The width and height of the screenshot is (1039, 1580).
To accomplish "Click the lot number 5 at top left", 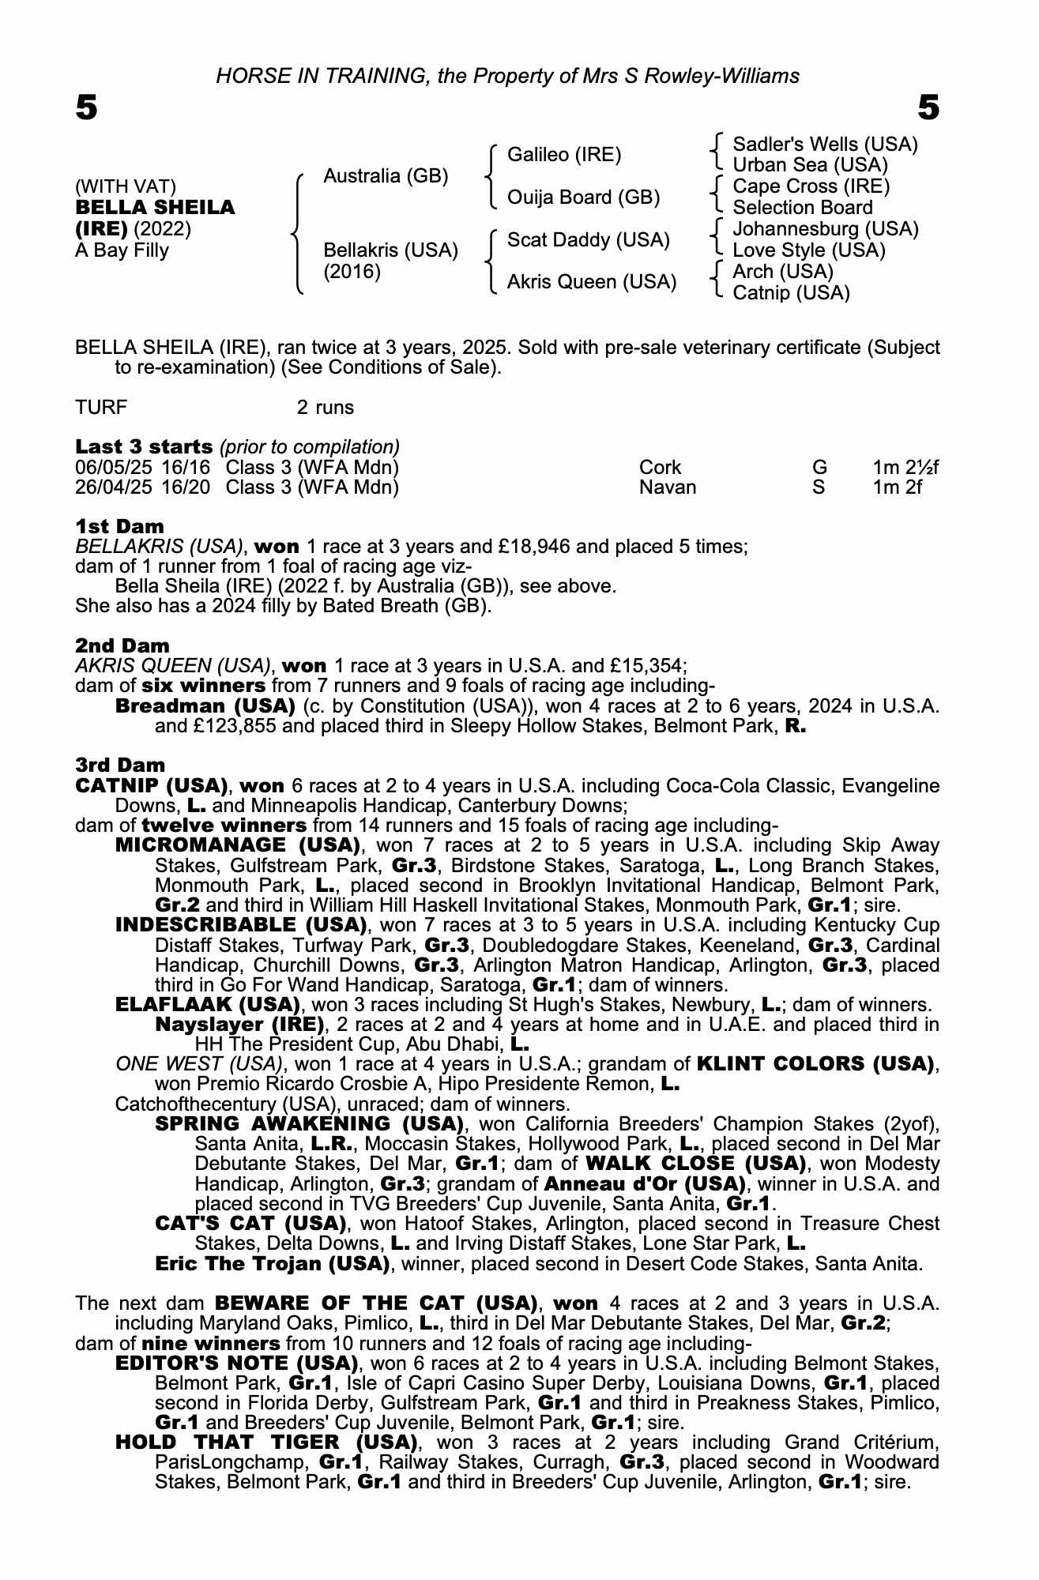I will (86, 107).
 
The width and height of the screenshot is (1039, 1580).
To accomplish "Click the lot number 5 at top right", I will (928, 107).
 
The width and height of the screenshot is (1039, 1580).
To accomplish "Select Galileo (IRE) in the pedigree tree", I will (564, 155).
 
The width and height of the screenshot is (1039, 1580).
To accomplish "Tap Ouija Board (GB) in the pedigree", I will (583, 197).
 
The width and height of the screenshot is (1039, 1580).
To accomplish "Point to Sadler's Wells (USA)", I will (825, 145).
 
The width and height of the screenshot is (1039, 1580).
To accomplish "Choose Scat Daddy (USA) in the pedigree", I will (588, 239).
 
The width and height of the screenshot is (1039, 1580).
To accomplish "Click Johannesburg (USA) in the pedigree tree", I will (826, 229).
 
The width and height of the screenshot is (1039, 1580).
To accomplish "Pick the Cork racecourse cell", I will (660, 468).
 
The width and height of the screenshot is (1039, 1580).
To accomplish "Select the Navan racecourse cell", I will (668, 487).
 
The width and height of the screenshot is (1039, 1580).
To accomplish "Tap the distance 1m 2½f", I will (905, 468).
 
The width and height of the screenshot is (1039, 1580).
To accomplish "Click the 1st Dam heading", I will (120, 526).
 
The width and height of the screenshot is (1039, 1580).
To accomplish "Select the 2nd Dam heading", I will (122, 645).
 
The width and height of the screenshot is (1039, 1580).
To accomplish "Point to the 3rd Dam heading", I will (121, 765).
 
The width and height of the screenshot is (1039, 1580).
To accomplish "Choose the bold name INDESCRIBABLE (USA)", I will (241, 924).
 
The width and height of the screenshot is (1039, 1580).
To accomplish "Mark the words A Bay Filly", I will (122, 250).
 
